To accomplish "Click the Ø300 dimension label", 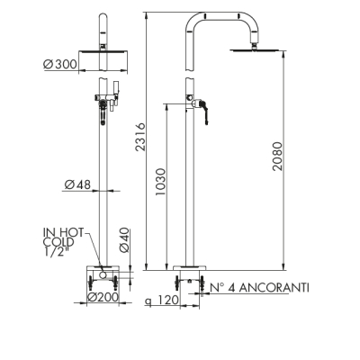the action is point(60,64).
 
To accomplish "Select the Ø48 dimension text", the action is point(77,184).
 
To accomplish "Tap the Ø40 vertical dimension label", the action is point(124,240).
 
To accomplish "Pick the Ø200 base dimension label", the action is point(103,297).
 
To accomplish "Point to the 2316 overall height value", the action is point(140,137).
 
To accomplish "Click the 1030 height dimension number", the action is point(160,182).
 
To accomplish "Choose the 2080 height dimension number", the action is point(277,156).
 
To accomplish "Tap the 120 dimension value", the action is point(168,300).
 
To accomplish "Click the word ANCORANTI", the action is point(274,288).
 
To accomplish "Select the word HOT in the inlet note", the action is point(72,232).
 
